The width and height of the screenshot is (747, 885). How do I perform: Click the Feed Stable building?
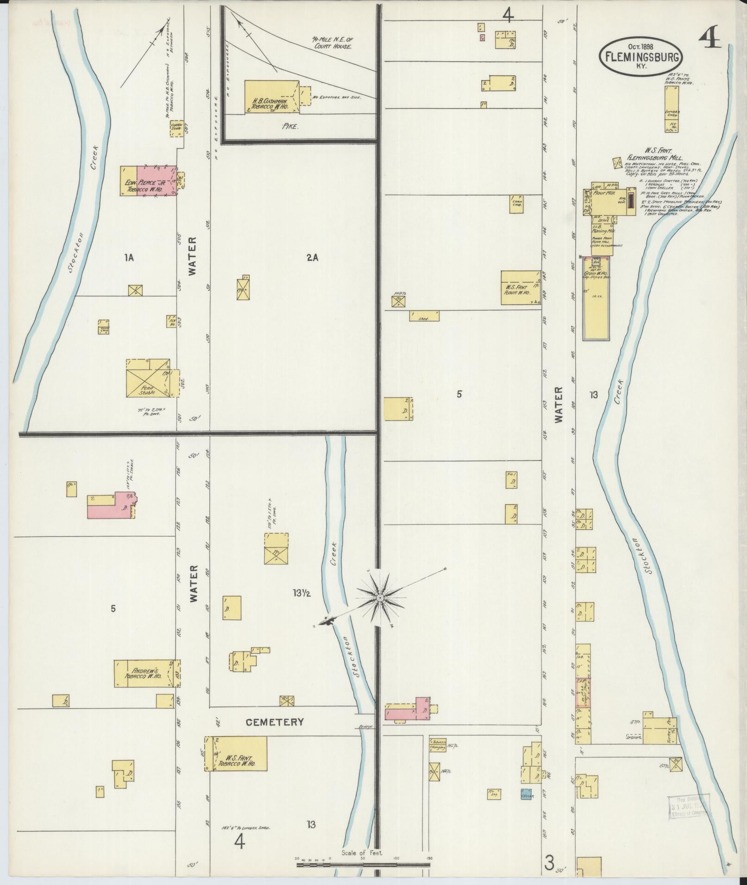(147, 378)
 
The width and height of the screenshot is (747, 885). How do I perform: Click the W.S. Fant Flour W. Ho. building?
(521, 287)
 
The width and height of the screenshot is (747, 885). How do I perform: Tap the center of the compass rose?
(380, 598)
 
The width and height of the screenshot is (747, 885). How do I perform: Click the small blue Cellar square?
(527, 794)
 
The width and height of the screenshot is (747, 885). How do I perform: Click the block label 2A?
(312, 258)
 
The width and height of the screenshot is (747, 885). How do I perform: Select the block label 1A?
(129, 258)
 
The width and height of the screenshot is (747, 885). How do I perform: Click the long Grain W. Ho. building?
(596, 298)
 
